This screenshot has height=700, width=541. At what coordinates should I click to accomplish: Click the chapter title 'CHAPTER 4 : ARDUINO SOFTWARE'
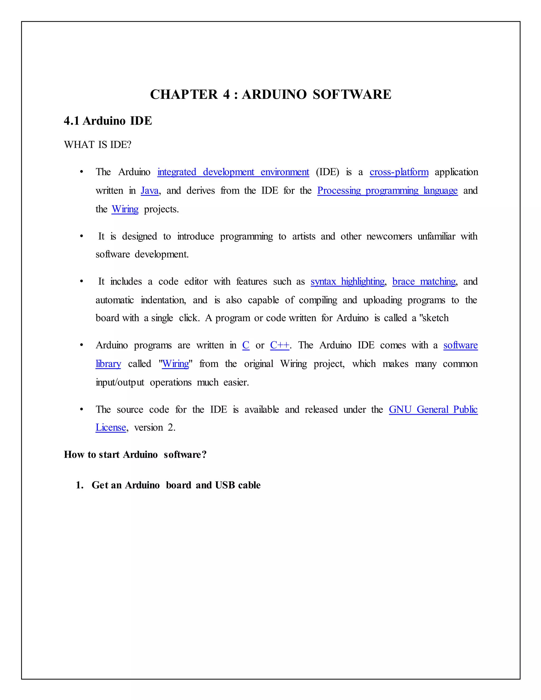pos(270,95)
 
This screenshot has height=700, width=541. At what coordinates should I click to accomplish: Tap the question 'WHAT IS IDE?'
pos(97,145)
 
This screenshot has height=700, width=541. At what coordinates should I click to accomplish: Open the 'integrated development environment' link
pos(233,172)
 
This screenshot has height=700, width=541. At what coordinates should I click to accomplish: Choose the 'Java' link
pos(150,191)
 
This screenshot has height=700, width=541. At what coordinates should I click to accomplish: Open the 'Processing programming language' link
pos(387,191)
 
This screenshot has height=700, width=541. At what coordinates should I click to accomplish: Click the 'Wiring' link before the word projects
pos(125,209)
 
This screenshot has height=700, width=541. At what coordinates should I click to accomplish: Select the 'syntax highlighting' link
pos(347,281)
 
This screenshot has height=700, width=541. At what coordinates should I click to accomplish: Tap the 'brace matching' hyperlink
pos(424,281)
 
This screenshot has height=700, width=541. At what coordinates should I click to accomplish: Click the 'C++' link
pos(279,345)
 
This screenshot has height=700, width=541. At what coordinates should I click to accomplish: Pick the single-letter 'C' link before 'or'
pos(246,345)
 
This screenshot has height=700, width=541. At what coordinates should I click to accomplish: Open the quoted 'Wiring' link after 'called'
pos(176,364)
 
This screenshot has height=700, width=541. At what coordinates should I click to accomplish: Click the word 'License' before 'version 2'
pos(111,428)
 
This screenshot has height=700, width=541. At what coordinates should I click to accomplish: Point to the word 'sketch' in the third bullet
pos(436,318)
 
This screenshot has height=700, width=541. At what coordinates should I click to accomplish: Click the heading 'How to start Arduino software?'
pos(135,455)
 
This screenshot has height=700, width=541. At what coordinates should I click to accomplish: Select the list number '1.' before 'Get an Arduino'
pos(80,485)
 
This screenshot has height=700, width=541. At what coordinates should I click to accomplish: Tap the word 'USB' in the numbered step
pos(225,485)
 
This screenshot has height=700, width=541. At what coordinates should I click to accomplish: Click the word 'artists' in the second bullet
pos(304,236)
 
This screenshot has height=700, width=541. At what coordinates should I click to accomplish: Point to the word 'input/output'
pos(120,382)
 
